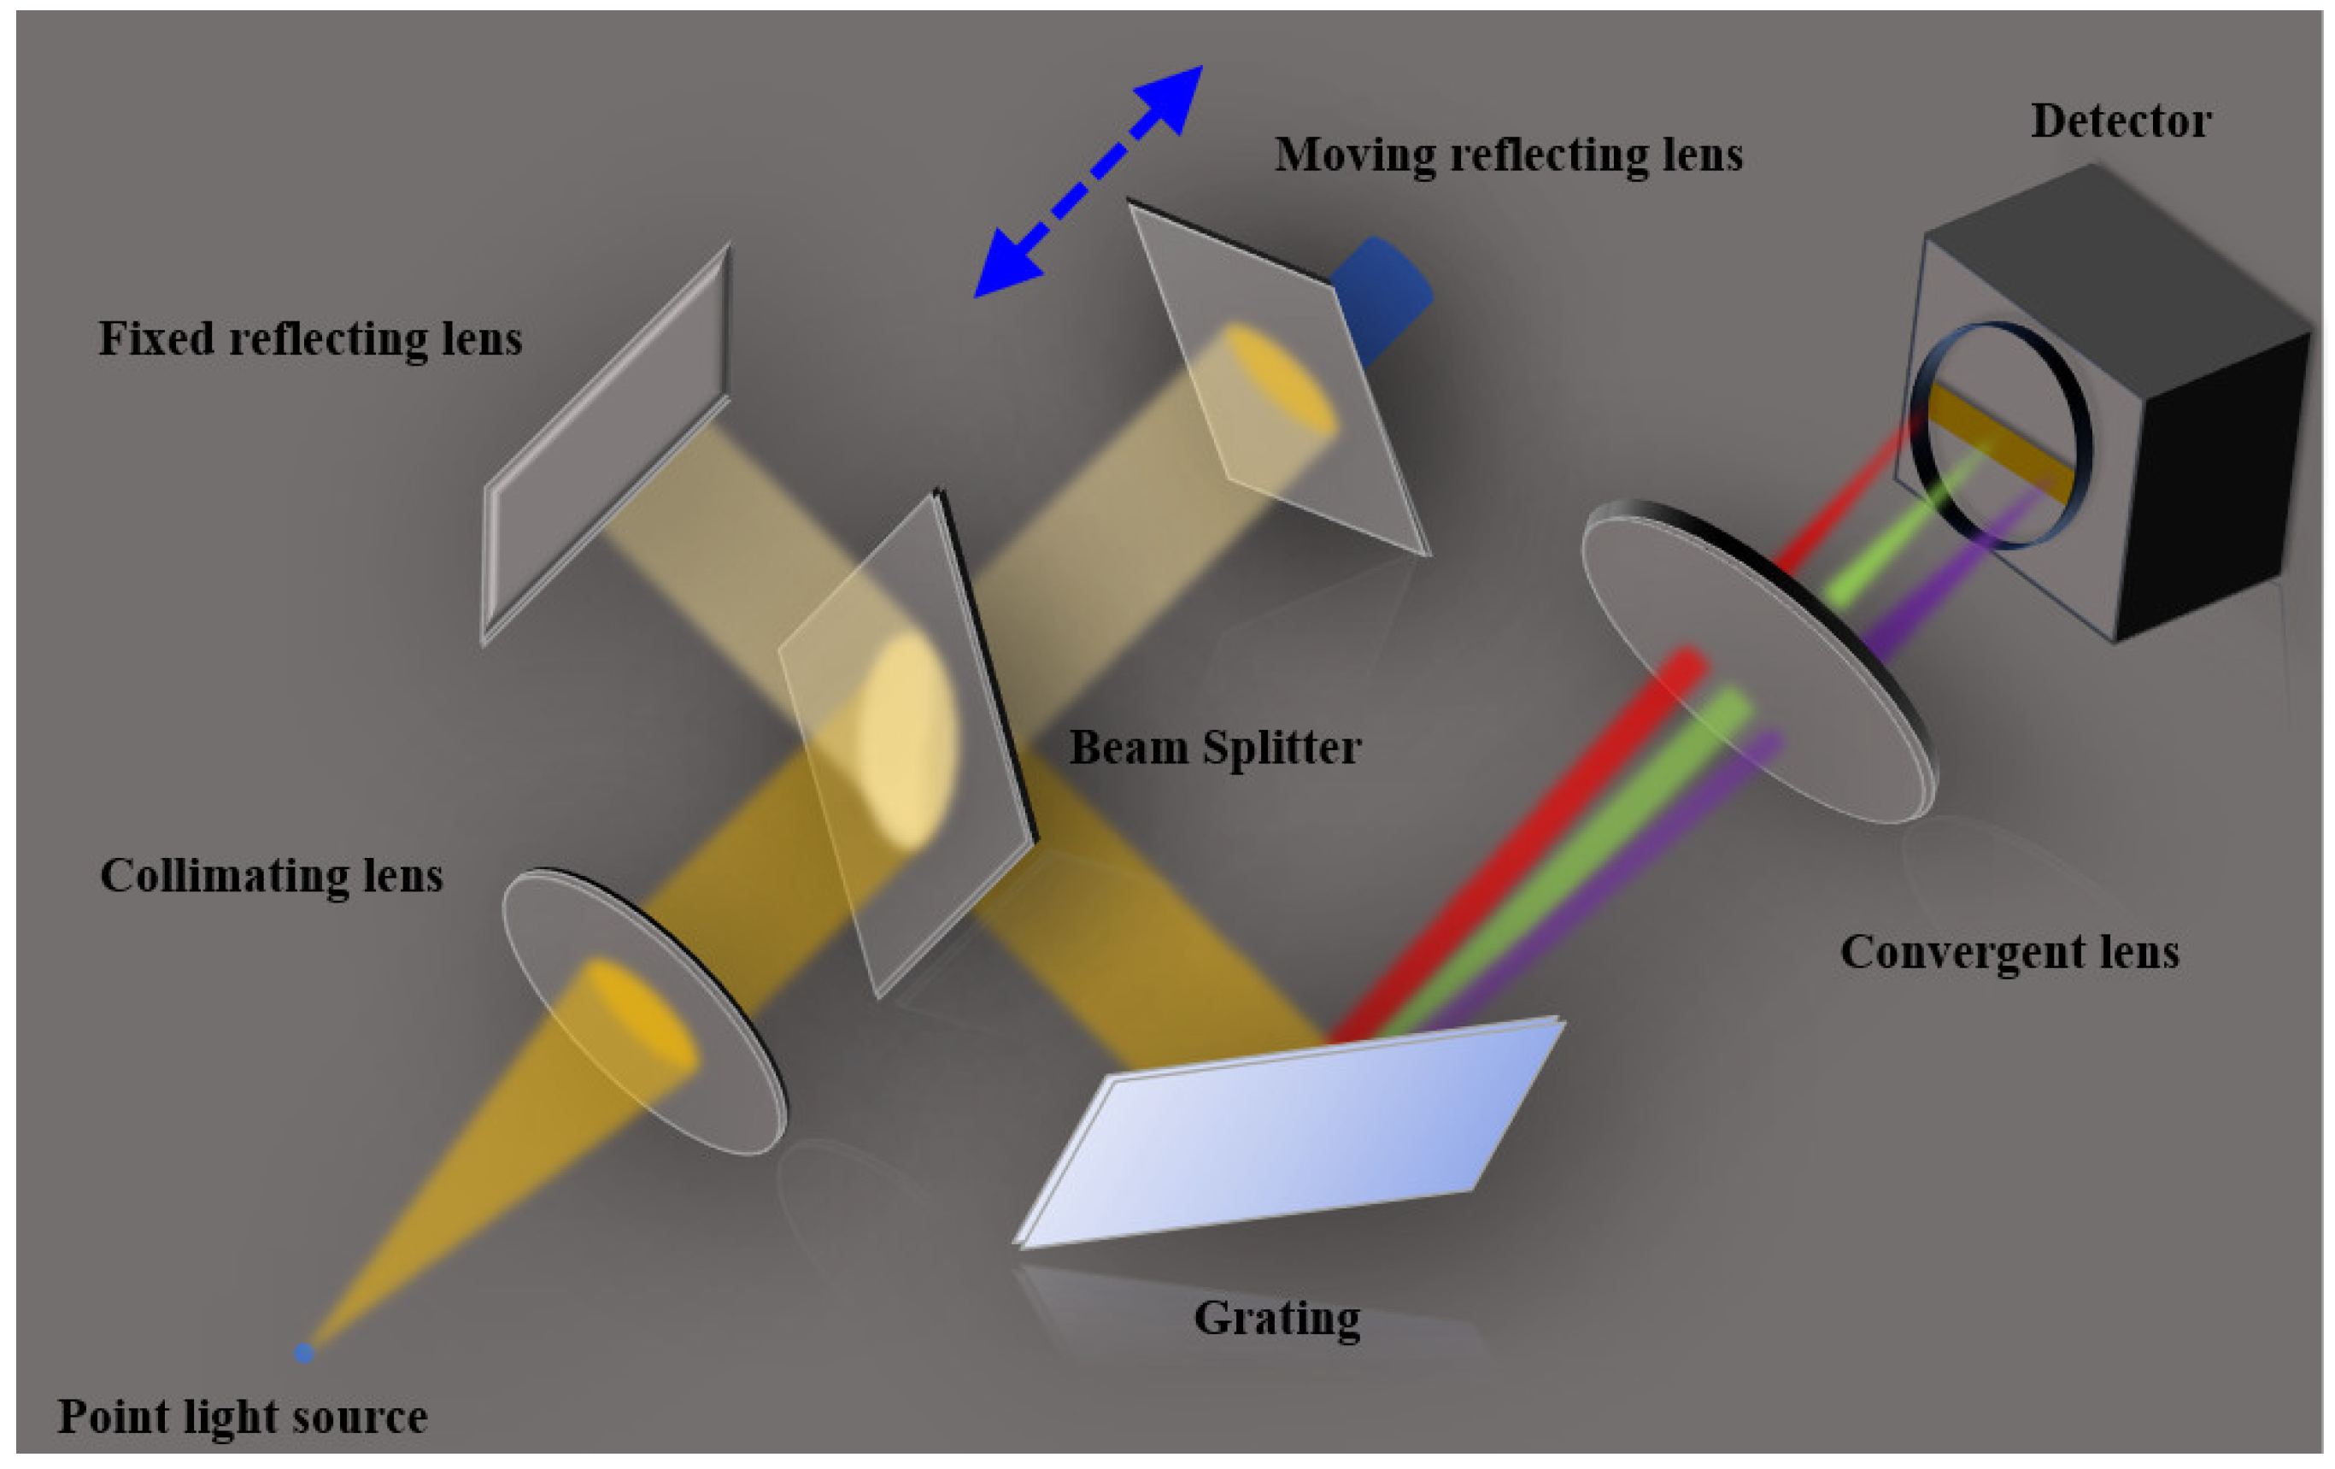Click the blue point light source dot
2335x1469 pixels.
point(303,1352)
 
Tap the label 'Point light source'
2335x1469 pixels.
point(243,1417)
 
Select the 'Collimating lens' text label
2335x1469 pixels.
point(272,876)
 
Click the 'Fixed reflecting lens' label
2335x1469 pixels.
point(310,339)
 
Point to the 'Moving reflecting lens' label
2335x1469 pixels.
point(1508,156)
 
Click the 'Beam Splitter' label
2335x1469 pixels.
point(1215,748)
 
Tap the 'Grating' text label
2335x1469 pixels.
point(1277,1319)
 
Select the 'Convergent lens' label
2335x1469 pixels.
point(2010,952)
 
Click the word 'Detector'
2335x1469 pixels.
point(2121,122)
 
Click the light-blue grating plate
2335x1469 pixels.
point(1290,1135)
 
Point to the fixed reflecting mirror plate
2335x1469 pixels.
point(606,446)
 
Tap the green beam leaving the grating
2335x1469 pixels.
point(1561,873)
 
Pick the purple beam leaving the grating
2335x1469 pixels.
point(1600,892)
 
